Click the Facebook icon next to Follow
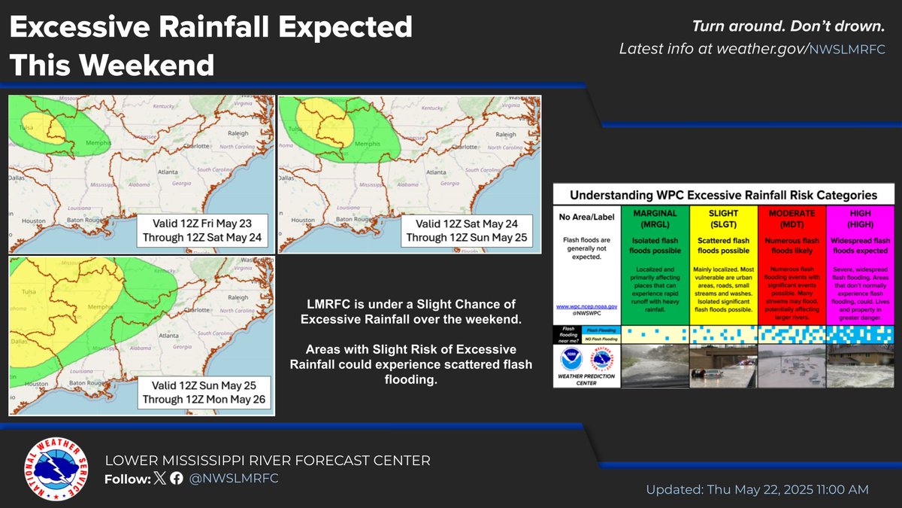coord(175,479)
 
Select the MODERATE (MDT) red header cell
coord(792,219)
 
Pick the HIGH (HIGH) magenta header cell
coord(860,219)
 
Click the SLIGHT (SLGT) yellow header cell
coord(724,219)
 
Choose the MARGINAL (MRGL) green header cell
coord(655,219)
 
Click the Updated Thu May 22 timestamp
coord(757,489)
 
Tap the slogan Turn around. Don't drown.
coord(788,27)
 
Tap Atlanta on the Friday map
coord(160,172)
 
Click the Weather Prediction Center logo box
coord(586,366)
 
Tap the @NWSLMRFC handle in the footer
coord(234,479)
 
